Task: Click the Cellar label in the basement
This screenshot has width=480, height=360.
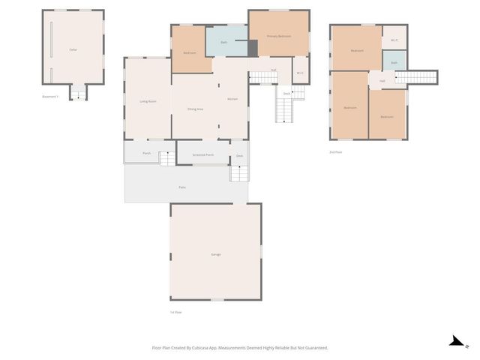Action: point(73,49)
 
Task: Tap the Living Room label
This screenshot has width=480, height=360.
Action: point(148,101)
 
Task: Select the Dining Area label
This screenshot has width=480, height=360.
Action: point(196,109)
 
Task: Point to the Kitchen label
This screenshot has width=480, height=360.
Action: point(232,99)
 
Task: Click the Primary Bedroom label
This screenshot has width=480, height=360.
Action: point(278,36)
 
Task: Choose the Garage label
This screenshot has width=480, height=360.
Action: point(216,255)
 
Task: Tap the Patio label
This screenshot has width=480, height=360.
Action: point(182,187)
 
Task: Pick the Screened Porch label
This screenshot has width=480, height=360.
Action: point(202,155)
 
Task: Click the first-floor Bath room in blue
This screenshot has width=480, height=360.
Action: point(224,42)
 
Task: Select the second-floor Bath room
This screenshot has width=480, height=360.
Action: point(394,62)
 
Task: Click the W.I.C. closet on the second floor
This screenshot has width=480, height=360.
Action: point(394,40)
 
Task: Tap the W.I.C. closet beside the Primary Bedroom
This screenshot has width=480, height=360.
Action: point(300,73)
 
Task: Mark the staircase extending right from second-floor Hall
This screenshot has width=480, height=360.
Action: point(416,77)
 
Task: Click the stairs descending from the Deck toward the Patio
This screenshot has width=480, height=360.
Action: point(238,173)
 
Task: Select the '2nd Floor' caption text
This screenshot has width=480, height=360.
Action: point(336,152)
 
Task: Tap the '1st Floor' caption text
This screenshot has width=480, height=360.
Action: point(176,312)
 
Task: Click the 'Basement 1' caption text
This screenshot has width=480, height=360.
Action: point(50,97)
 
